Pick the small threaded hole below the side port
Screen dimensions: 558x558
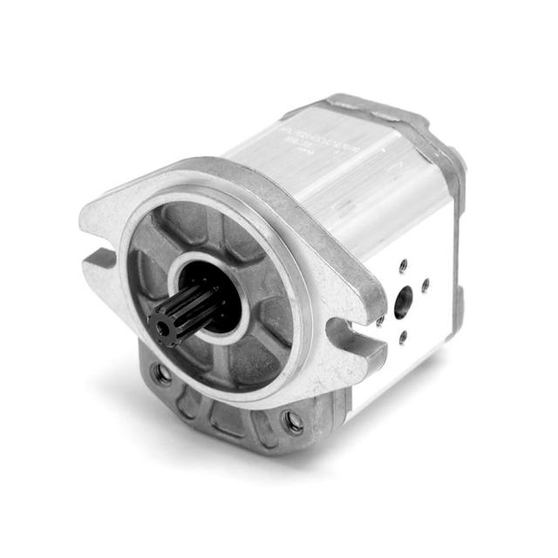402,338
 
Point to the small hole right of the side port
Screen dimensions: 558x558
425,285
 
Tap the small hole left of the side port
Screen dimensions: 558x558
381,320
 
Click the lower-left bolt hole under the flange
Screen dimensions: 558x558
161,374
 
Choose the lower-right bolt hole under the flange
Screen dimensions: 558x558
293,423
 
